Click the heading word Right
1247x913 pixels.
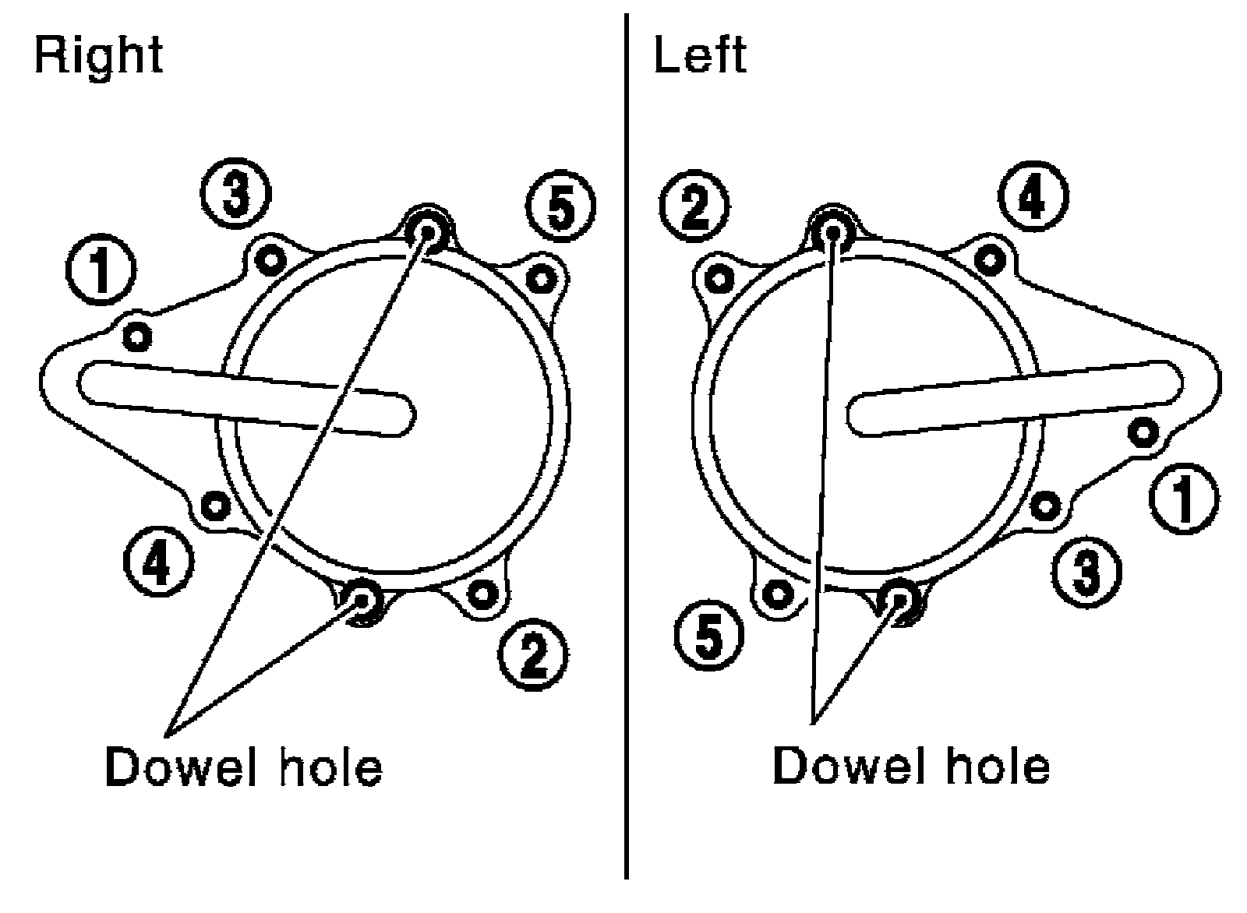click(x=99, y=55)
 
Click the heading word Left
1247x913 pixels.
click(x=700, y=55)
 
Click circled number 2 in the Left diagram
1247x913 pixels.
click(x=694, y=207)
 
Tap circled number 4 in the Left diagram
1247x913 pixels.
click(x=1032, y=199)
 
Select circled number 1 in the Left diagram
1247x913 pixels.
click(x=1184, y=498)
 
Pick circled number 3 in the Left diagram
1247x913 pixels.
click(x=1087, y=571)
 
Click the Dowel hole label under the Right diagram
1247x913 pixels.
click(x=244, y=767)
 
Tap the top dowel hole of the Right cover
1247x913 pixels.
click(x=426, y=230)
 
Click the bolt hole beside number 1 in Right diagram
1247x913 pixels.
click(x=138, y=337)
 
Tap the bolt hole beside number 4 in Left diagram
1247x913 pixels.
click(x=989, y=258)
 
